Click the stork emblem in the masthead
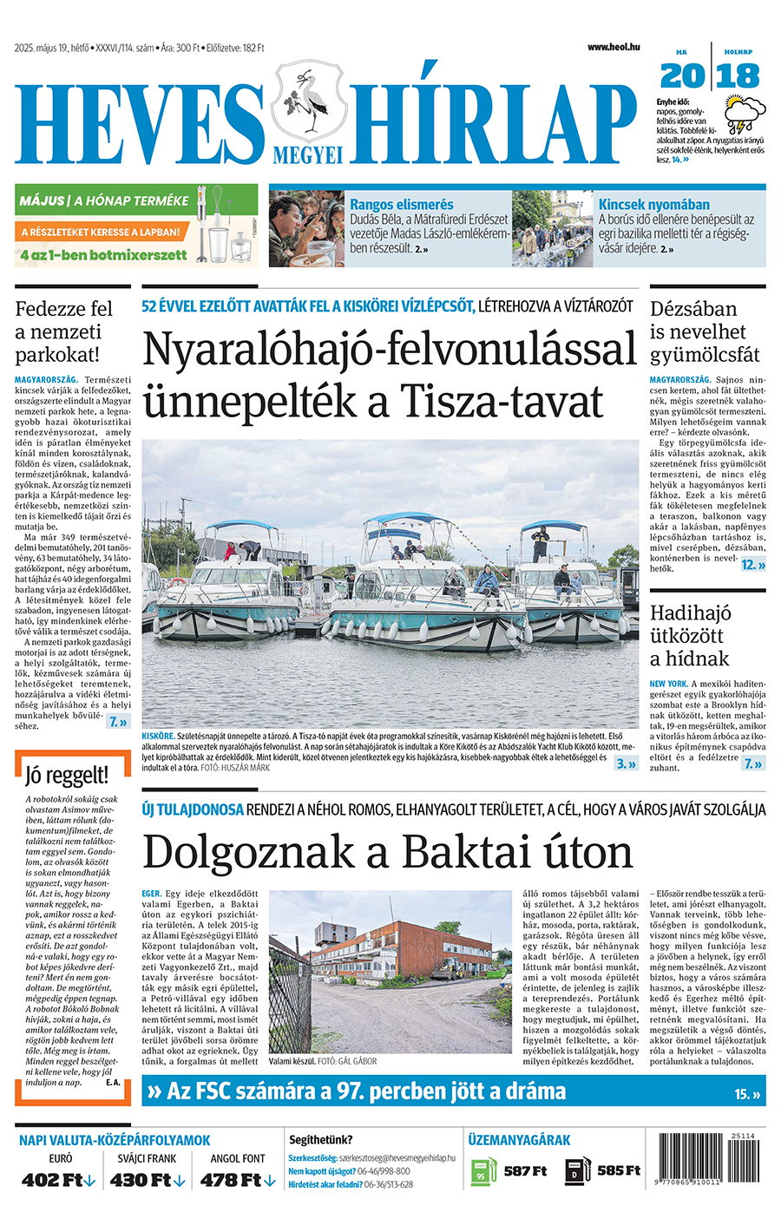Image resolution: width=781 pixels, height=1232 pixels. tap(307, 100)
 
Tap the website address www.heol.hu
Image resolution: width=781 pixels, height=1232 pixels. tap(613, 47)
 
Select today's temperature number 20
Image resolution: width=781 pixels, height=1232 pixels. tap(682, 76)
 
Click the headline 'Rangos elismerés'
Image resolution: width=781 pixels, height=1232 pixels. tap(401, 205)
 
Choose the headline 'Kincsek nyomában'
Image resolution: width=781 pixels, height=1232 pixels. tap(653, 205)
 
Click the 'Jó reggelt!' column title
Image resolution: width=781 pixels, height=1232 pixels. tap(67, 775)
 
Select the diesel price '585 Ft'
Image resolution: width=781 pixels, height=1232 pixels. tap(619, 1170)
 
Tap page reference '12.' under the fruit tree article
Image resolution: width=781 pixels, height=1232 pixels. tap(751, 565)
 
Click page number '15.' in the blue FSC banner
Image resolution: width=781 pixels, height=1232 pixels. tap(745, 1094)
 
